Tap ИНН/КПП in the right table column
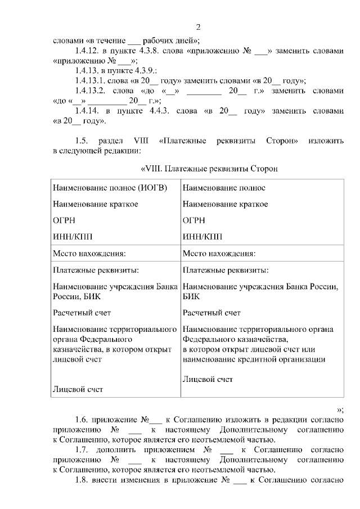(202, 236)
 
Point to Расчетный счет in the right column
(211, 313)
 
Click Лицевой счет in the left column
(78, 389)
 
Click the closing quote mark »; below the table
(339, 409)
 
